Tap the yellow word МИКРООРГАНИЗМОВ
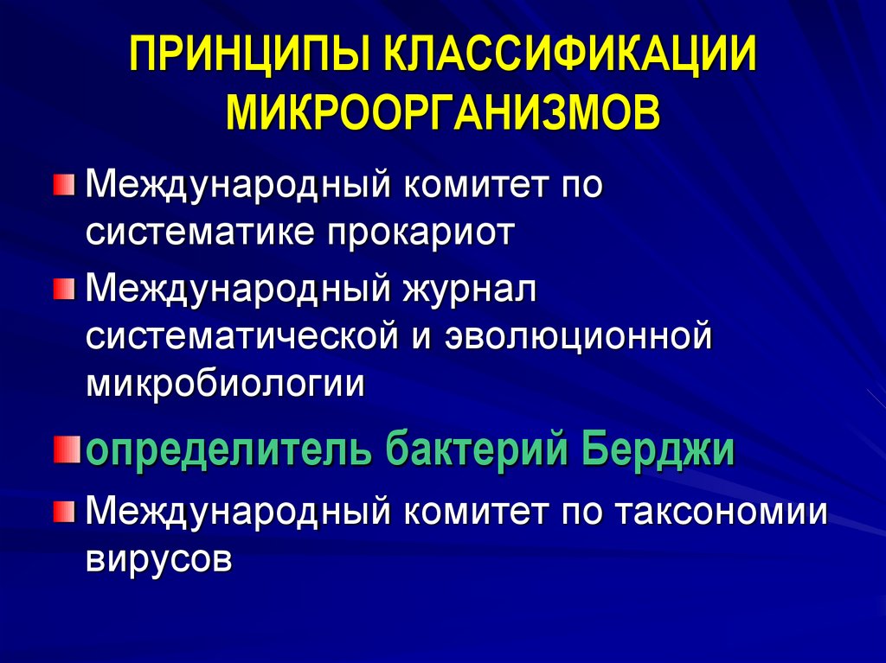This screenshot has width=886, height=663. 443,113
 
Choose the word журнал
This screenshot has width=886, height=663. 467,290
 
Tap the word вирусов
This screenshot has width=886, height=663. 159,559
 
